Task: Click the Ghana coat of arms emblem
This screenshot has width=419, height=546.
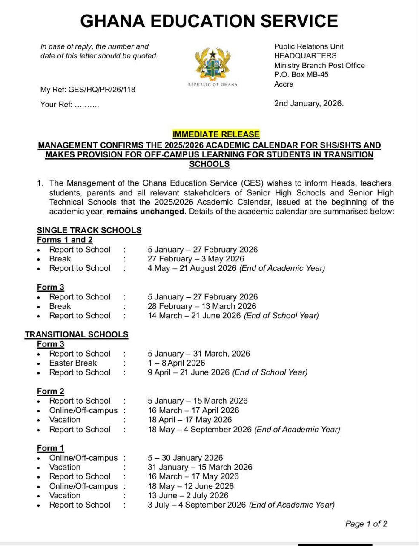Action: (212, 64)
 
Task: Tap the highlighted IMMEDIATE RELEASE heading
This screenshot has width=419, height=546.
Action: (216, 134)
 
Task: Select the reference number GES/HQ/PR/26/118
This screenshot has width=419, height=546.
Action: (102, 90)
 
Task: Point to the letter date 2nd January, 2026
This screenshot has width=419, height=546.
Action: (309, 103)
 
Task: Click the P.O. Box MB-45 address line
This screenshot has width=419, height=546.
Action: (301, 75)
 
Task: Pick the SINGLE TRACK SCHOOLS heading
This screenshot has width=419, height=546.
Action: (89, 230)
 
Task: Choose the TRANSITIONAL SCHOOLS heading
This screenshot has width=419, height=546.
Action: (77, 334)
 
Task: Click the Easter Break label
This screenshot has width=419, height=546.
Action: (73, 363)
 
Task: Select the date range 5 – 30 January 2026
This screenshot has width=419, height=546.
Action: (185, 458)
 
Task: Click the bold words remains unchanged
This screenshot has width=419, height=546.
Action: (145, 212)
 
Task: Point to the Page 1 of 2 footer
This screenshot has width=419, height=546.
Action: (366, 524)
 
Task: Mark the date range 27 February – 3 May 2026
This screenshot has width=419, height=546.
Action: (196, 259)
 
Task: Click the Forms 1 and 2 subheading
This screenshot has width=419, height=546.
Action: (65, 240)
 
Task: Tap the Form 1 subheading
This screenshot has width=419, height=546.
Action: (50, 448)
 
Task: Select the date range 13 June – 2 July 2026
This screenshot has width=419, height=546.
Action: (188, 496)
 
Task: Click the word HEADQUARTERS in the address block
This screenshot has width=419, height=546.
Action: (305, 56)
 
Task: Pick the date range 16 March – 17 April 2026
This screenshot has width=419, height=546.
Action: (193, 410)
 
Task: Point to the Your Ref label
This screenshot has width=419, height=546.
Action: (56, 105)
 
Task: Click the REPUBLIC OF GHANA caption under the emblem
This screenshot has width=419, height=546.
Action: (212, 84)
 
